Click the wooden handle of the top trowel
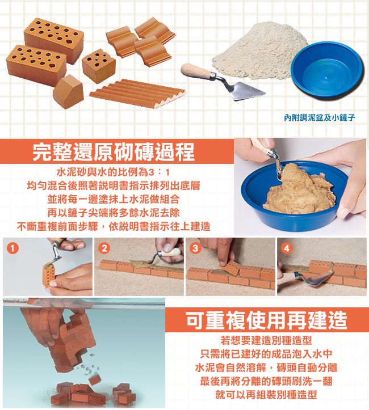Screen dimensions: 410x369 coord(196,72)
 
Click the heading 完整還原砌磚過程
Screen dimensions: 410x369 coord(114,151)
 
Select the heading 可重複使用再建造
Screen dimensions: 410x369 coord(266,320)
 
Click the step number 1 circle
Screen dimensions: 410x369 coord(11,247)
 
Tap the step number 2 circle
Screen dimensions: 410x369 coord(103,247)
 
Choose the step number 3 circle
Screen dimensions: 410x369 coord(195,247)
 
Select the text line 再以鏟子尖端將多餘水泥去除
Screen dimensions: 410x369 coord(114,213)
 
